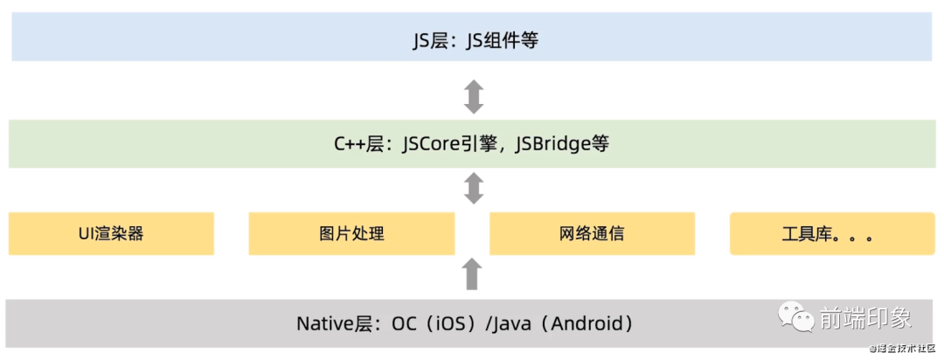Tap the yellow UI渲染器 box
pyautogui.click(x=110, y=234)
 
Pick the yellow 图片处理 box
pyautogui.click(x=351, y=234)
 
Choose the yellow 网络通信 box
pyautogui.click(x=592, y=234)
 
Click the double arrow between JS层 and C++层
pyautogui.click(x=473, y=96)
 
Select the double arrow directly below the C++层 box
pyautogui.click(x=473, y=188)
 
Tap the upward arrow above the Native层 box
pyautogui.click(x=472, y=274)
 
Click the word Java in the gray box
pyautogui.click(x=513, y=324)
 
